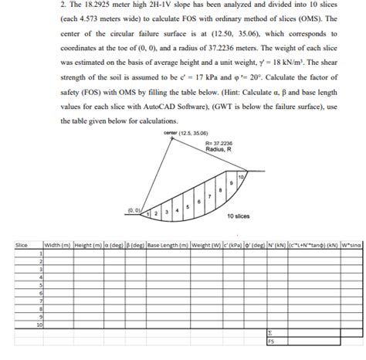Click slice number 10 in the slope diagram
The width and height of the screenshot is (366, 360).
[242, 178]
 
